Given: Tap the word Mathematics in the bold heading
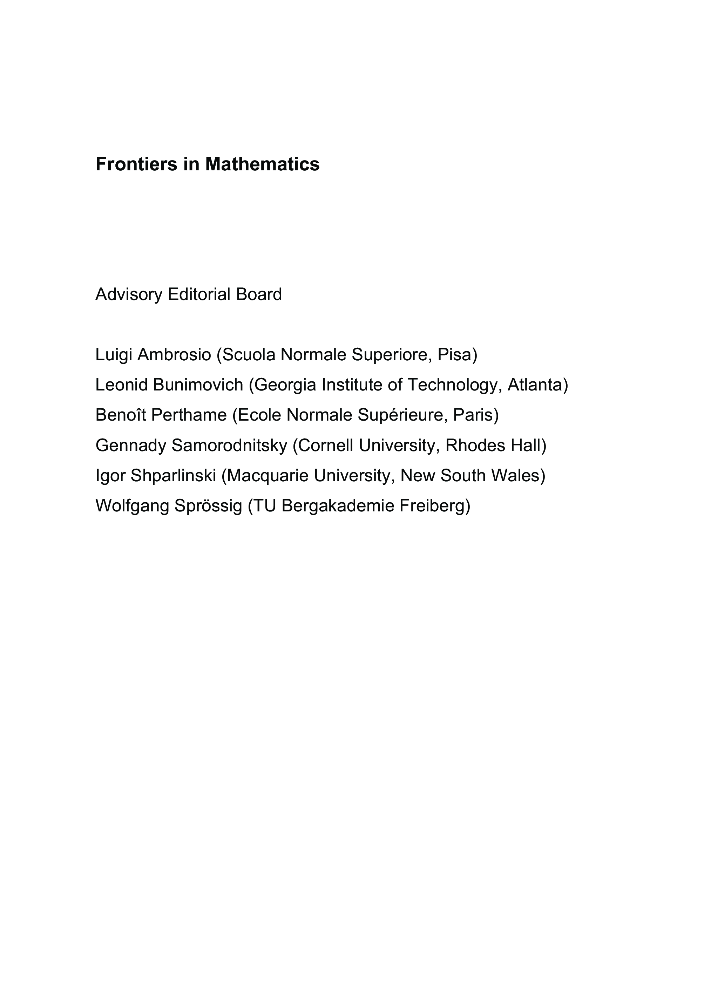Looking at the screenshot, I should click(x=262, y=164).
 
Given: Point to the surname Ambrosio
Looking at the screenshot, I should click(x=174, y=355).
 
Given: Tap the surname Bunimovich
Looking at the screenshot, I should click(x=198, y=385).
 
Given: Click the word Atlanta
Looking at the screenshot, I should click(x=535, y=385).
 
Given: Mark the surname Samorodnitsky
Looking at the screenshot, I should click(x=229, y=445).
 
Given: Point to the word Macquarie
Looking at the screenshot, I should click(x=268, y=476).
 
